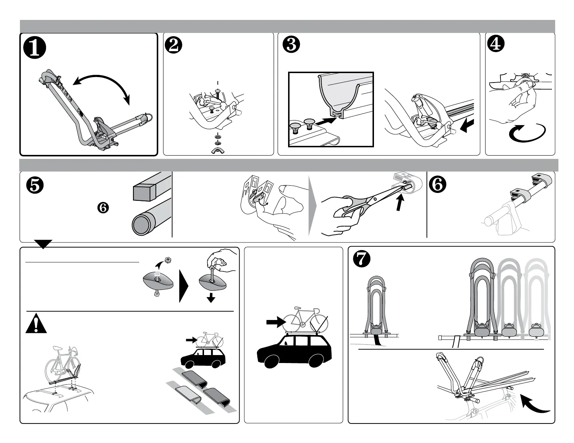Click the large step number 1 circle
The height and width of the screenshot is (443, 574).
[35, 49]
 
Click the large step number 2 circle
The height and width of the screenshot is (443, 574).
[174, 46]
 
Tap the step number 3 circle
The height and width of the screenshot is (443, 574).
[292, 46]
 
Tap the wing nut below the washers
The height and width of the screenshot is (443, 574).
[218, 150]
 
